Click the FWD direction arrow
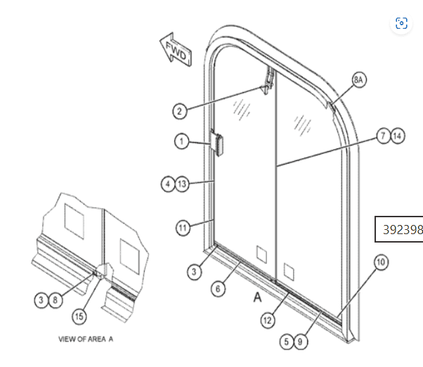(x=176, y=50)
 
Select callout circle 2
(x=180, y=111)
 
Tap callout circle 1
(x=181, y=141)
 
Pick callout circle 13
(x=182, y=184)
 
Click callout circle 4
(x=168, y=184)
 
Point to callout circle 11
(x=183, y=228)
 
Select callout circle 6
(x=218, y=289)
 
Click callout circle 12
(x=268, y=321)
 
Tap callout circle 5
(x=287, y=342)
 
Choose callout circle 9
(x=300, y=342)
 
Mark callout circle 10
(x=381, y=262)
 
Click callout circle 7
(x=384, y=136)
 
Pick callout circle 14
(x=398, y=136)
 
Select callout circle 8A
(x=359, y=80)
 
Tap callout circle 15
(x=79, y=316)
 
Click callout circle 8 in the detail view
(x=56, y=300)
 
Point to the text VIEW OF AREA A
(x=86, y=339)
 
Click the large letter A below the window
(x=258, y=297)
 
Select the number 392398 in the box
(x=403, y=230)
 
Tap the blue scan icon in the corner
(x=401, y=23)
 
